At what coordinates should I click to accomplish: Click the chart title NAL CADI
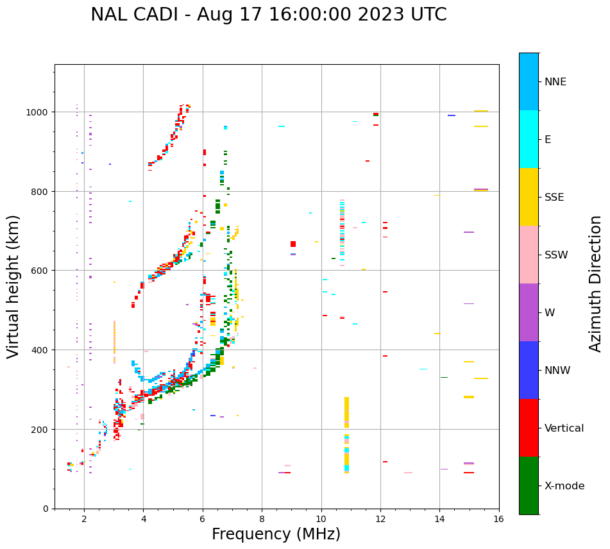click(268, 15)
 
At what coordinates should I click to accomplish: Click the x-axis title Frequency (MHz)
click(276, 534)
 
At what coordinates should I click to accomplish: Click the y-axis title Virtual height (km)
click(14, 286)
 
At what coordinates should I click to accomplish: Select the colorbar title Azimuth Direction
click(595, 283)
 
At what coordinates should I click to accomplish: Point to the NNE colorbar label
click(555, 82)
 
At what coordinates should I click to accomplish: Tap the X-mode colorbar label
click(564, 486)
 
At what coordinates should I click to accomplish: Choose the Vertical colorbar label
click(564, 428)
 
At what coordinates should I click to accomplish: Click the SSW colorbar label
click(556, 255)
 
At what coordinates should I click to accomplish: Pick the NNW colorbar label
click(558, 371)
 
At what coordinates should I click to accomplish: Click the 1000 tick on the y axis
click(37, 112)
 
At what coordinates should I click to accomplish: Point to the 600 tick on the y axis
click(40, 271)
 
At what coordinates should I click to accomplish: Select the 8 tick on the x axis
click(262, 518)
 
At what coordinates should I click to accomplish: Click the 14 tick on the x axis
click(439, 518)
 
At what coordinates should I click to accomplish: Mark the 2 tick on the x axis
click(84, 518)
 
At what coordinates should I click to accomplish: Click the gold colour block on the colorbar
click(529, 197)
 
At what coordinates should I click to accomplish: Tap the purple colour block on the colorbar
click(529, 312)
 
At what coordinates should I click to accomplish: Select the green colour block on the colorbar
click(529, 486)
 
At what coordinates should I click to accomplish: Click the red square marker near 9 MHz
click(293, 244)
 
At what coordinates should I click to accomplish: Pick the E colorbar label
click(549, 140)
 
